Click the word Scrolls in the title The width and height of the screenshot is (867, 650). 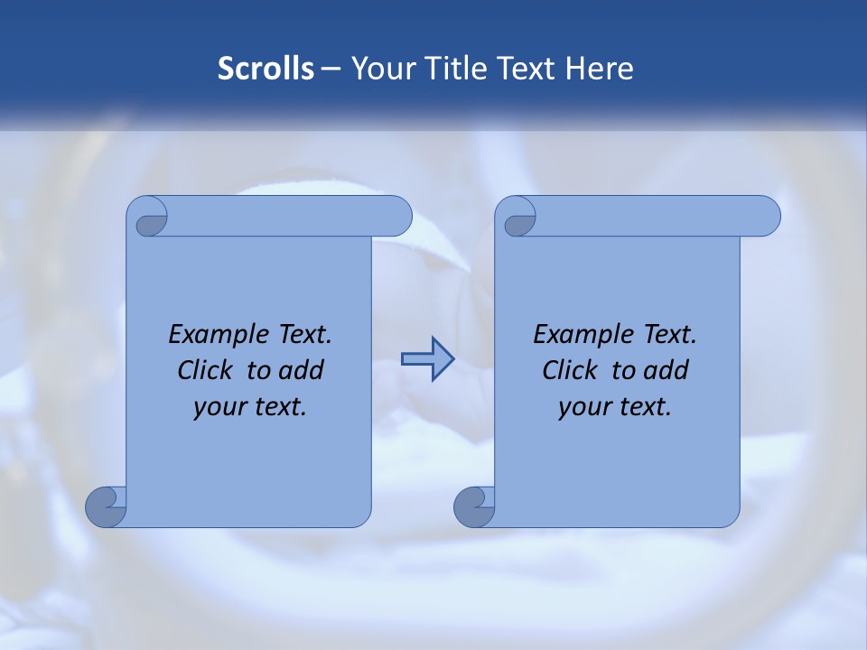[x=266, y=69]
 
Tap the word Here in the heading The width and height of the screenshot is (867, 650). [x=600, y=69]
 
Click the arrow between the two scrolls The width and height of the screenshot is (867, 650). [x=427, y=359]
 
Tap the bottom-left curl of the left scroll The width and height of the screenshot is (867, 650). [x=105, y=506]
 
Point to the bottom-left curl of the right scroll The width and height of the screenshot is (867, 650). [x=473, y=506]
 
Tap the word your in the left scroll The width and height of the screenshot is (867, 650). [x=219, y=407]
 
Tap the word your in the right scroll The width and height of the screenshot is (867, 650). [x=583, y=407]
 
